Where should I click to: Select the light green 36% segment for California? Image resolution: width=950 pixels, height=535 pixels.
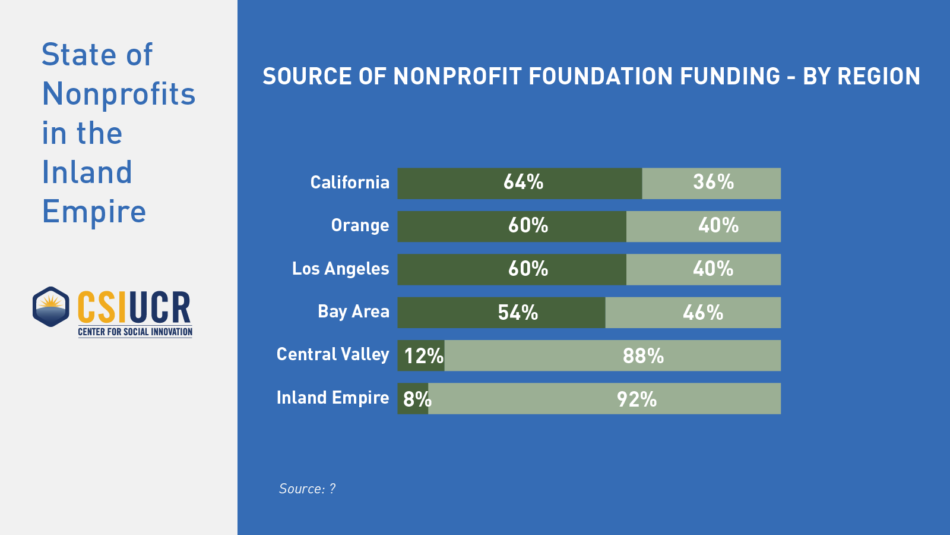point(711,183)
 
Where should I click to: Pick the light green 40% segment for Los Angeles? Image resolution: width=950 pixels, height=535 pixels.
point(704,269)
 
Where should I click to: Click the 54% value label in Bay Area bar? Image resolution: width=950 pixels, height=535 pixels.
point(518,313)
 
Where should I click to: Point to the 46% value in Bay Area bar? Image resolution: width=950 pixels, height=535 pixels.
point(703,313)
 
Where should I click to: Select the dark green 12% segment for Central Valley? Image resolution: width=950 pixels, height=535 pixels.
point(421,355)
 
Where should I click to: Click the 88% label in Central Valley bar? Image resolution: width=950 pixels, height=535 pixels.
point(643,356)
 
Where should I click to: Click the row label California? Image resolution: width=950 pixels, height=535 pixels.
point(350,182)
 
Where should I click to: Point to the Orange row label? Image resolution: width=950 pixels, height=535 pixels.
point(360,226)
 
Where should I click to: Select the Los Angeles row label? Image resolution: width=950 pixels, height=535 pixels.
point(340,269)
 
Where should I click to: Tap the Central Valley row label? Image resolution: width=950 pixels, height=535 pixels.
point(332,355)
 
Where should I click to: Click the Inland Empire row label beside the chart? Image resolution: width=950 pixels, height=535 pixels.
point(332,398)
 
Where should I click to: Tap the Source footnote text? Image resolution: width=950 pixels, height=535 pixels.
point(307,489)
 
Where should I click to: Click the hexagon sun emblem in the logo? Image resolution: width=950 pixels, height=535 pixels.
point(51,307)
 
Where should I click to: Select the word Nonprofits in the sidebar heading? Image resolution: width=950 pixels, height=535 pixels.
point(119,94)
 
